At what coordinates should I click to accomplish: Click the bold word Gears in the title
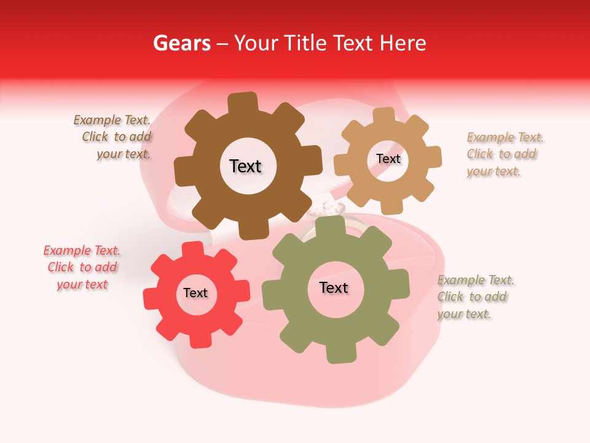pos(181,43)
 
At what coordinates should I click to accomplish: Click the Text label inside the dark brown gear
pos(245,166)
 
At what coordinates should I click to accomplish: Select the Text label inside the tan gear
pos(388,159)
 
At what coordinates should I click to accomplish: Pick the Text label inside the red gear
pos(195,293)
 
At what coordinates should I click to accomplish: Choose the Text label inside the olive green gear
pos(334,287)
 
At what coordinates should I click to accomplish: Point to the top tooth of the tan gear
pos(383,116)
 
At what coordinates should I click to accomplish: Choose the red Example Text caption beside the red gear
pos(82,268)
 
